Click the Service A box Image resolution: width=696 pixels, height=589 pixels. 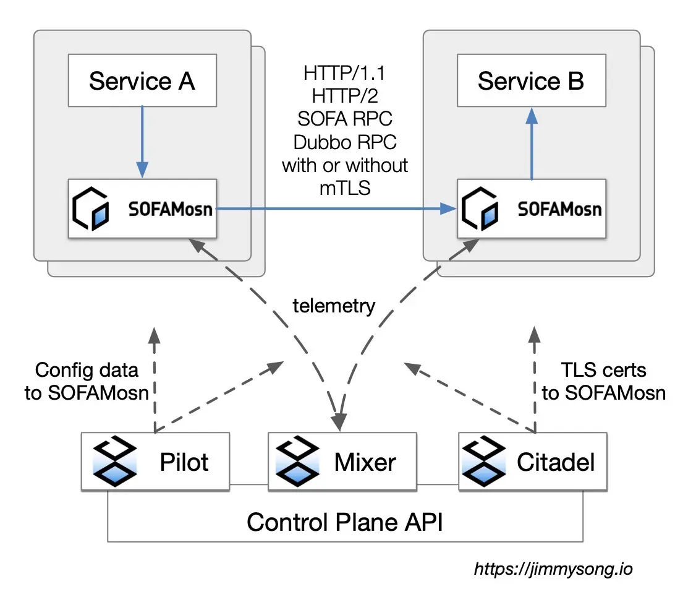pos(142,81)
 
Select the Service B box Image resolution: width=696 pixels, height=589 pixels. pos(530,81)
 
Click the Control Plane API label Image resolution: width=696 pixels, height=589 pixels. pos(346,522)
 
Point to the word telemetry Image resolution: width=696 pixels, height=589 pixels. pos(334,306)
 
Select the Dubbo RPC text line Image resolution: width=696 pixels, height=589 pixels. pos(345,142)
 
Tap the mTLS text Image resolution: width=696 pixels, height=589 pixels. pos(345,188)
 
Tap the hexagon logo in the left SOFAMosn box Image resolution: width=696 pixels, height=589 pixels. pos(90,208)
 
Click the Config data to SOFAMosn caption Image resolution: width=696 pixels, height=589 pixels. pos(87,382)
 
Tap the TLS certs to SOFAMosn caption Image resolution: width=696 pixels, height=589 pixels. pos(603,382)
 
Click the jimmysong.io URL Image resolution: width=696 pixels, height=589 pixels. pos(553,569)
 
